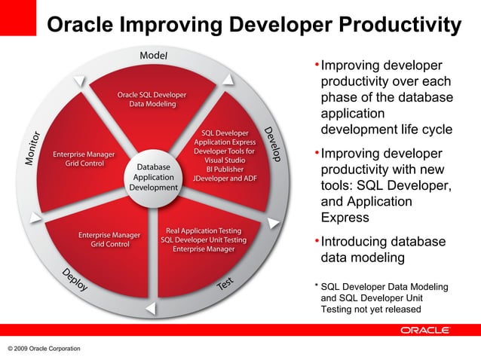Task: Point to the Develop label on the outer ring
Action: tap(272, 144)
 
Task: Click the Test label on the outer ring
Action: tap(225, 283)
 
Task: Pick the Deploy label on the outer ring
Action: tap(74, 279)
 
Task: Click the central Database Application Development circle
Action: tap(154, 176)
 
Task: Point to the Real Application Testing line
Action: tap(204, 230)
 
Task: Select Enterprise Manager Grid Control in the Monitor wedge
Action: tap(84, 158)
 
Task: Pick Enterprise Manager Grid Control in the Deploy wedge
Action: tap(109, 239)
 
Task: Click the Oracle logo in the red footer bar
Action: tap(425, 330)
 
